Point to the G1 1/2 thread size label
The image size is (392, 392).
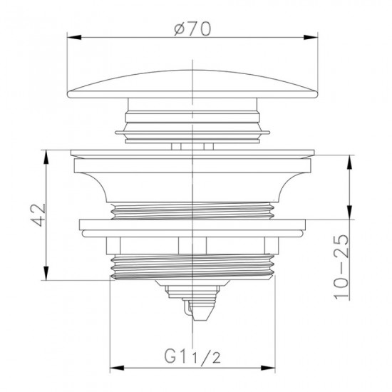click(x=194, y=354)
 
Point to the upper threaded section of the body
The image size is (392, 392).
click(x=194, y=210)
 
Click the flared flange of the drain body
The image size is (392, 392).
click(x=194, y=175)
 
